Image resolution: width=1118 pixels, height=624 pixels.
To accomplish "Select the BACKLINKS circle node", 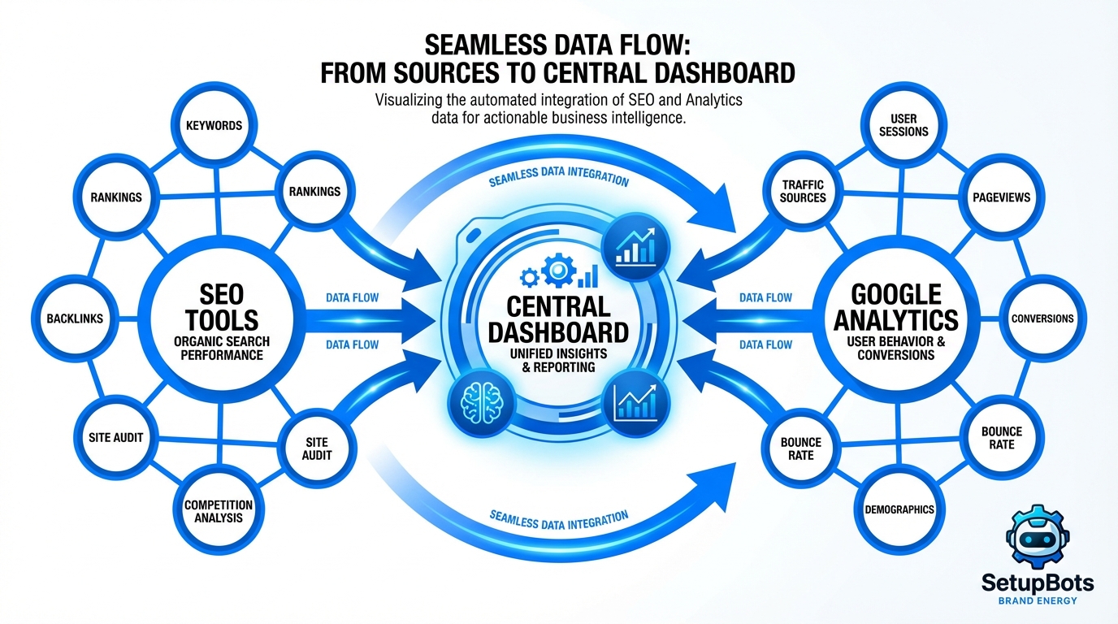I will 75,318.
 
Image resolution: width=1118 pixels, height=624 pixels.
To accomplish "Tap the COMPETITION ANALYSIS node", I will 219,511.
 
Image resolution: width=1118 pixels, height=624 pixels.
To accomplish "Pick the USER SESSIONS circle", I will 903,125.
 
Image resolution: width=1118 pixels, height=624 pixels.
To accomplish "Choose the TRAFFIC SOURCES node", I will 803,192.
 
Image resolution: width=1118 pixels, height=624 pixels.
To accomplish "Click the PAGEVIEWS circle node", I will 1001,197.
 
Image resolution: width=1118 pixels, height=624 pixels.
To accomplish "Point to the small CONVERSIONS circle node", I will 1042,318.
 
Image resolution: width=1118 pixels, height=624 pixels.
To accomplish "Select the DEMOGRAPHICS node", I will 899,509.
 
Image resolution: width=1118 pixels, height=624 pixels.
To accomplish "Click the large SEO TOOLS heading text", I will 221,306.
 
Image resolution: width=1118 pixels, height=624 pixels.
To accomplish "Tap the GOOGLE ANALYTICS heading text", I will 895,306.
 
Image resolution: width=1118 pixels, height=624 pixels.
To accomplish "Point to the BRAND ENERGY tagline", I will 1036,600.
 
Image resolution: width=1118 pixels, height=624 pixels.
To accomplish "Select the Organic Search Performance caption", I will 221,349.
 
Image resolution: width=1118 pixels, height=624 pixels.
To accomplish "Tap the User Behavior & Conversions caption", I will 895,349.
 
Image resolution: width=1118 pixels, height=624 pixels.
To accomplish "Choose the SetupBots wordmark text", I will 1036,583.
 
